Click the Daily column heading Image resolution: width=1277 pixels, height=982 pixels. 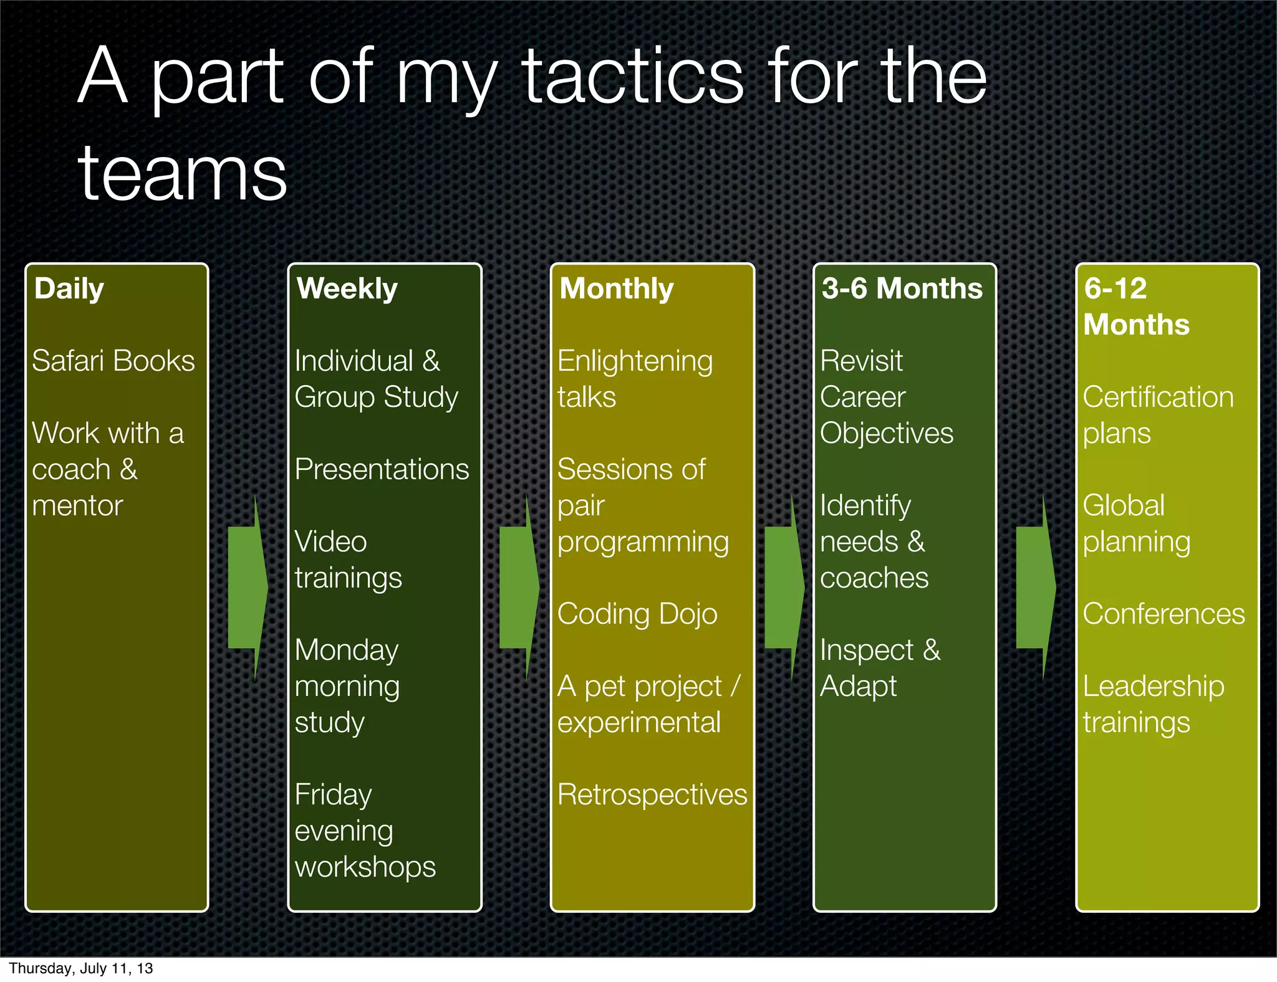click(x=69, y=289)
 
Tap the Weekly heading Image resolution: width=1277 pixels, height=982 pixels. click(x=347, y=289)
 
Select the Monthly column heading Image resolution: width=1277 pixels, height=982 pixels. click(x=616, y=289)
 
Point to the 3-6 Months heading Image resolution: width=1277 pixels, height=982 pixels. click(x=902, y=289)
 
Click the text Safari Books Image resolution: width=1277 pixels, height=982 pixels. click(x=113, y=361)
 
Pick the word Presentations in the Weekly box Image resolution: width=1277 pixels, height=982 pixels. click(x=381, y=470)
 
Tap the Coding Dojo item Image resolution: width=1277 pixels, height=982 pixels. click(x=637, y=614)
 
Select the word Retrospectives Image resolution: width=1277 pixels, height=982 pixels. click(x=652, y=795)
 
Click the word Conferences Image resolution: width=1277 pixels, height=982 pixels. click(x=1164, y=614)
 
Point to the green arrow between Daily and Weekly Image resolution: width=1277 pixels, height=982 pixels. click(x=248, y=587)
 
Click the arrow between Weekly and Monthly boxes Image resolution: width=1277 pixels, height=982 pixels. click(x=519, y=587)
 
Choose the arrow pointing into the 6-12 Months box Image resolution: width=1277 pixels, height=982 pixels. click(x=1035, y=587)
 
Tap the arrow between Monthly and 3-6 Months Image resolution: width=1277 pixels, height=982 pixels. click(x=784, y=587)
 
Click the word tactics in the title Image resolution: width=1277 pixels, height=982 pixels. click(x=632, y=77)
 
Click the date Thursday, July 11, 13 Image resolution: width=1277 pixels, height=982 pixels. click(x=81, y=968)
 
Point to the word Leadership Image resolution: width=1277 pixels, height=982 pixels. click(x=1153, y=687)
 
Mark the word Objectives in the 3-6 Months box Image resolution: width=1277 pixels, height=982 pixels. click(x=886, y=434)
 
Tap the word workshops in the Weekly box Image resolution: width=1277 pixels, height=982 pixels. click(x=365, y=867)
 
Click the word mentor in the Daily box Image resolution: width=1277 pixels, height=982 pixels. click(x=77, y=506)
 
